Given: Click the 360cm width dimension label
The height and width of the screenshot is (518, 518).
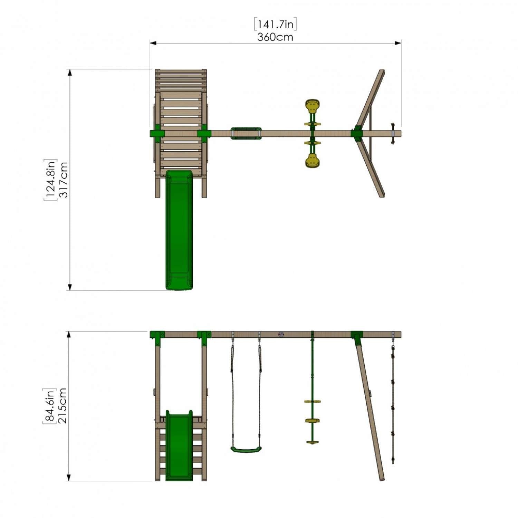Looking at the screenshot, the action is tap(275, 37).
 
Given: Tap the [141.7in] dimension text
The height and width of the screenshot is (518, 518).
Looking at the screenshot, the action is tap(275, 24).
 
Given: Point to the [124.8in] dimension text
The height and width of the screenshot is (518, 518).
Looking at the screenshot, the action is tap(50, 180).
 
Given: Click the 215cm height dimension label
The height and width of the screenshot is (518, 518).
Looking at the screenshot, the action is tap(63, 406).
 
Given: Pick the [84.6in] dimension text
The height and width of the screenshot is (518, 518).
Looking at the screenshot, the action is tap(49, 406).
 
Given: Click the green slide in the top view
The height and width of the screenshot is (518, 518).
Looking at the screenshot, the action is tap(179, 230).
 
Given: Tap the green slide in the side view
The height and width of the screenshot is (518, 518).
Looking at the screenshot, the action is tap(179, 445).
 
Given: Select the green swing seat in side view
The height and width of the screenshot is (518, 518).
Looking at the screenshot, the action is tap(246, 449).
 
